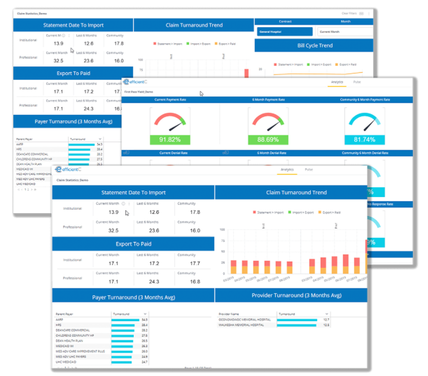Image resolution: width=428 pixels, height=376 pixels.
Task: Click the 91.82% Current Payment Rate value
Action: click(x=170, y=139)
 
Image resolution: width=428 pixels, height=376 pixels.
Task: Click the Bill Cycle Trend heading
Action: click(x=314, y=45)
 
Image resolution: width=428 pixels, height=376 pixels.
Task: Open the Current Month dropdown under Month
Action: click(x=344, y=32)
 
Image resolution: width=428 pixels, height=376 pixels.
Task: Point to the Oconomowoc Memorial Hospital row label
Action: click(x=245, y=319)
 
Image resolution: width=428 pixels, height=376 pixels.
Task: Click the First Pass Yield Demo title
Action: click(x=139, y=92)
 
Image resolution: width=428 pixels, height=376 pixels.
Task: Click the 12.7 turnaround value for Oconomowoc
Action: click(x=326, y=319)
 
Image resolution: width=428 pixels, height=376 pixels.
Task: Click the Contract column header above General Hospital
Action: click(x=285, y=21)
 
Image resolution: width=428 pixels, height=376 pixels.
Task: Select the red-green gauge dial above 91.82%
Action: click(x=170, y=121)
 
